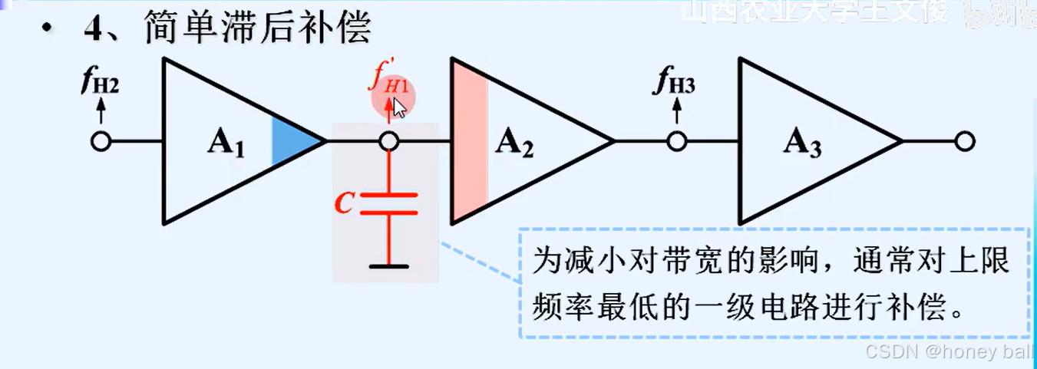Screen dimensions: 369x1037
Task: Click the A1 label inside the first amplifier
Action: click(x=225, y=143)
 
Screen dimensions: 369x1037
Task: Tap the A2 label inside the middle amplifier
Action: click(x=514, y=142)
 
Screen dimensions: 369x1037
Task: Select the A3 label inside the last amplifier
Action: click(x=803, y=143)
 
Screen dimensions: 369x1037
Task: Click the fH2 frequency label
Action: click(x=100, y=83)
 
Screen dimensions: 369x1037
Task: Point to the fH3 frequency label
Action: click(x=675, y=83)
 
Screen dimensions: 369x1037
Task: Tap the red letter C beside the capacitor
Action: click(x=345, y=203)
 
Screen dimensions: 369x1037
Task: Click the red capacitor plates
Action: click(x=390, y=203)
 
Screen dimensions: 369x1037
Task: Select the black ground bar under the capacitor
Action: click(x=390, y=266)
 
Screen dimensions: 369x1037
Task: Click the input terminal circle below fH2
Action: click(x=101, y=142)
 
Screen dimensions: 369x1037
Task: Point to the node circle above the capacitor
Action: click(x=390, y=142)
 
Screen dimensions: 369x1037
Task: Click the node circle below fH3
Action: click(x=675, y=142)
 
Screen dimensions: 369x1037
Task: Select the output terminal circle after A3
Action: click(x=965, y=142)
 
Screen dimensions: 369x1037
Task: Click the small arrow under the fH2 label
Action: click(x=100, y=113)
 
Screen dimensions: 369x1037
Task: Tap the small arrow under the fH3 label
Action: click(x=675, y=113)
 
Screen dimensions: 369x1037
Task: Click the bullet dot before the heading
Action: click(x=49, y=31)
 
